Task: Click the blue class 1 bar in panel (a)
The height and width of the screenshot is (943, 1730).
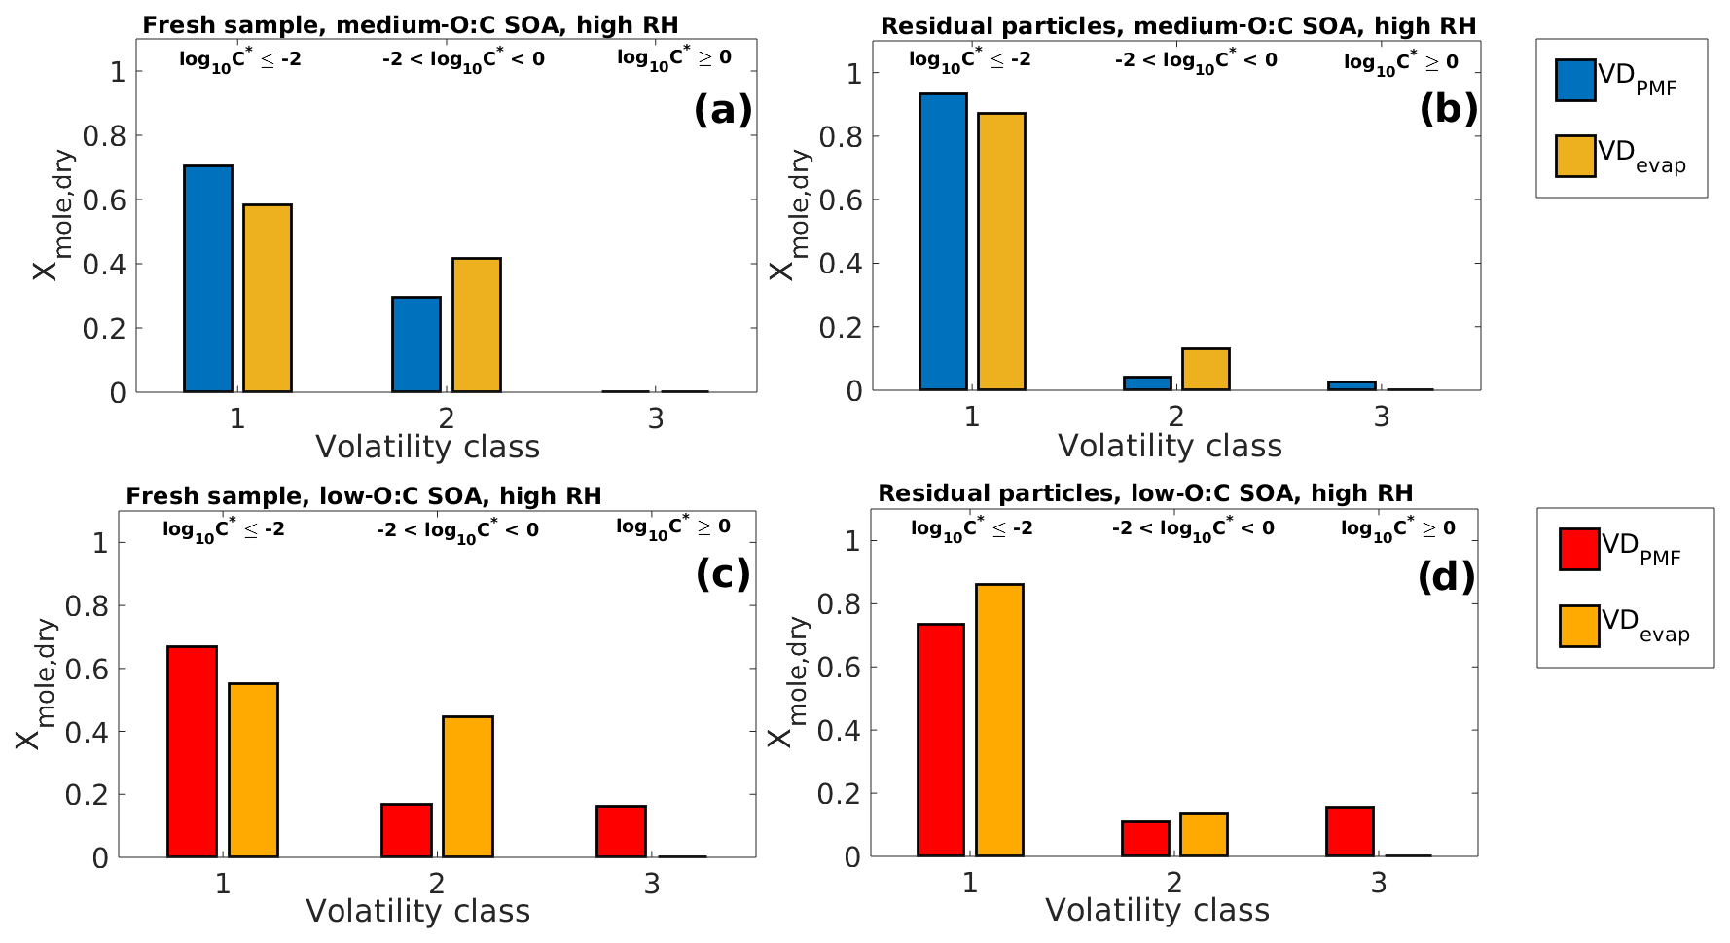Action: pos(208,279)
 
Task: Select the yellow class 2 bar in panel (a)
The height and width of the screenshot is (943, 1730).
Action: pos(476,325)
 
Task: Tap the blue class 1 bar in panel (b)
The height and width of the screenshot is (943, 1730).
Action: pos(943,242)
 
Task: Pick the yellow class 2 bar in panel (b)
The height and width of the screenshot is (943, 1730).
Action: pos(1206,369)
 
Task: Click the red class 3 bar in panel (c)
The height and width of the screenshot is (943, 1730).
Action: pos(621,831)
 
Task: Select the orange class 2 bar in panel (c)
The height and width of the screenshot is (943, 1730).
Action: pos(467,786)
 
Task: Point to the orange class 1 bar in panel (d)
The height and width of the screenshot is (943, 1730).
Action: pos(999,720)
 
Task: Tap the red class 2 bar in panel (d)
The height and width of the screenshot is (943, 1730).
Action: pos(1145,839)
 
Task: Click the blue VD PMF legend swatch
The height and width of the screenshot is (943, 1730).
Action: pos(1575,81)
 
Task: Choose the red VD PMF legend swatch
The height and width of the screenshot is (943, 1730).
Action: pos(1579,549)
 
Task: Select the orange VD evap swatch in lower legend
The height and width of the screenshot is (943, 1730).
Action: pos(1579,626)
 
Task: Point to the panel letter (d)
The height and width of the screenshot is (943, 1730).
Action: pos(1446,577)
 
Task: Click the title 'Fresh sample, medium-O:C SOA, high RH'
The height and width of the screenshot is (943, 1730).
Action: pos(411,25)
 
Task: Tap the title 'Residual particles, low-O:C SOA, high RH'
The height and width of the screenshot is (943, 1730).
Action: pos(1145,493)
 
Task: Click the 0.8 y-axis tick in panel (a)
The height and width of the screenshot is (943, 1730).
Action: pos(104,136)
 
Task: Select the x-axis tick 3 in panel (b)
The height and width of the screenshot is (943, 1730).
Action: pos(1382,417)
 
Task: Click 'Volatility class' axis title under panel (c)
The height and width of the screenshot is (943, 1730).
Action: pos(418,912)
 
